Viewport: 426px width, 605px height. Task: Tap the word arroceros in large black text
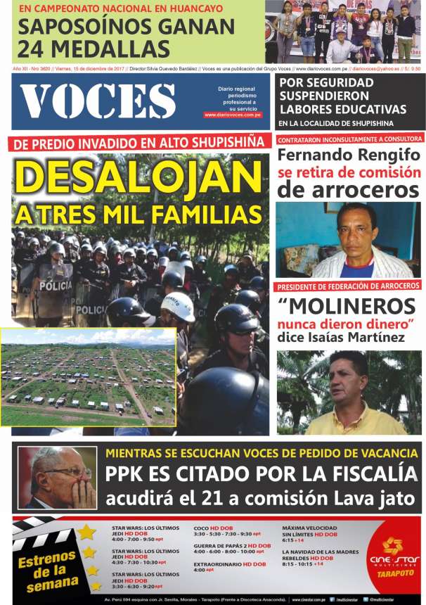[x=348, y=189]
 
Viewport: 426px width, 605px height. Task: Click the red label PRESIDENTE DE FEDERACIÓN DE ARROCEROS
[x=348, y=286]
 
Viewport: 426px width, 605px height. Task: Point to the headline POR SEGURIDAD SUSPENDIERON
[x=343, y=95]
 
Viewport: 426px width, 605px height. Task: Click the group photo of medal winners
[x=344, y=32]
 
